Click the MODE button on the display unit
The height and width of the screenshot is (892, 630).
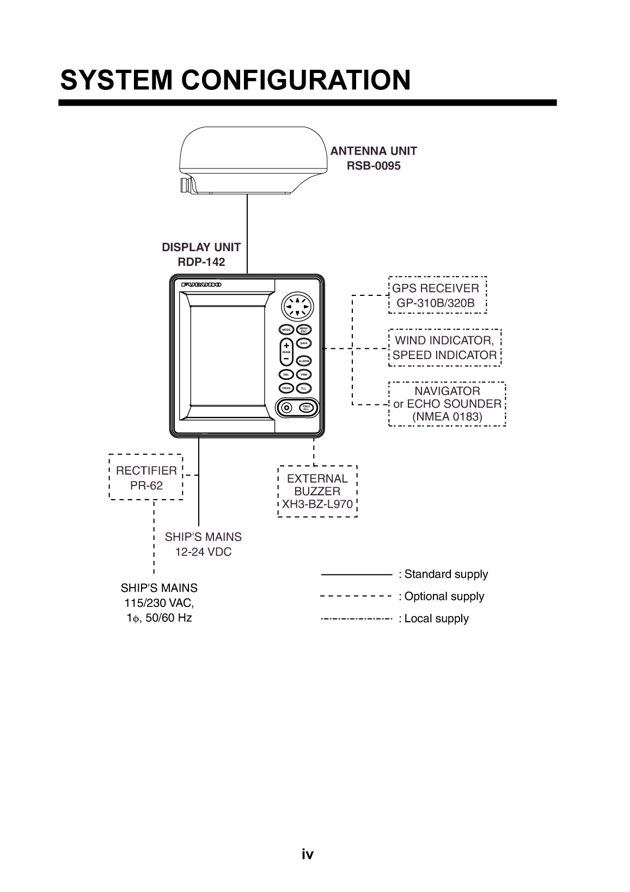[x=286, y=330]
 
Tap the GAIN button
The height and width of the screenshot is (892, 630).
[x=304, y=343]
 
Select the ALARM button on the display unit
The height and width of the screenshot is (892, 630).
[x=304, y=361]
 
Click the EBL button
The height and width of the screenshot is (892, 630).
[x=286, y=374]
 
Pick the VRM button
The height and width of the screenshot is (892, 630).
[x=304, y=374]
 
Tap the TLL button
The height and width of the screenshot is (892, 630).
[x=304, y=388]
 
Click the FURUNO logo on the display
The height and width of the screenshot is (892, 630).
[x=201, y=285]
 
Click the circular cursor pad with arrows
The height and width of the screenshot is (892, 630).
[x=298, y=307]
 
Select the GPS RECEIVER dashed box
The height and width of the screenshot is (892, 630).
[x=437, y=295]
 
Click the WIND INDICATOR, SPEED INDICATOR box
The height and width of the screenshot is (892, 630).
[x=444, y=348]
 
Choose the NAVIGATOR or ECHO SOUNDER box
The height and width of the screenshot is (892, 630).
[x=447, y=404]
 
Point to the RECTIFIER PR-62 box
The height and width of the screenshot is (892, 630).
[x=146, y=477]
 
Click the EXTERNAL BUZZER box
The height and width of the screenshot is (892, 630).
[x=317, y=491]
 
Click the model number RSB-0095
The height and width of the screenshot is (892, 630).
[x=374, y=166]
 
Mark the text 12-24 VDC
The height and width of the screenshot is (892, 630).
[x=203, y=552]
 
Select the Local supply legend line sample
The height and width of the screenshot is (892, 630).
[x=357, y=619]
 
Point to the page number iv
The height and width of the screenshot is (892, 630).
[x=308, y=854]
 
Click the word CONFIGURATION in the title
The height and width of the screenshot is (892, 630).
[x=296, y=80]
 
